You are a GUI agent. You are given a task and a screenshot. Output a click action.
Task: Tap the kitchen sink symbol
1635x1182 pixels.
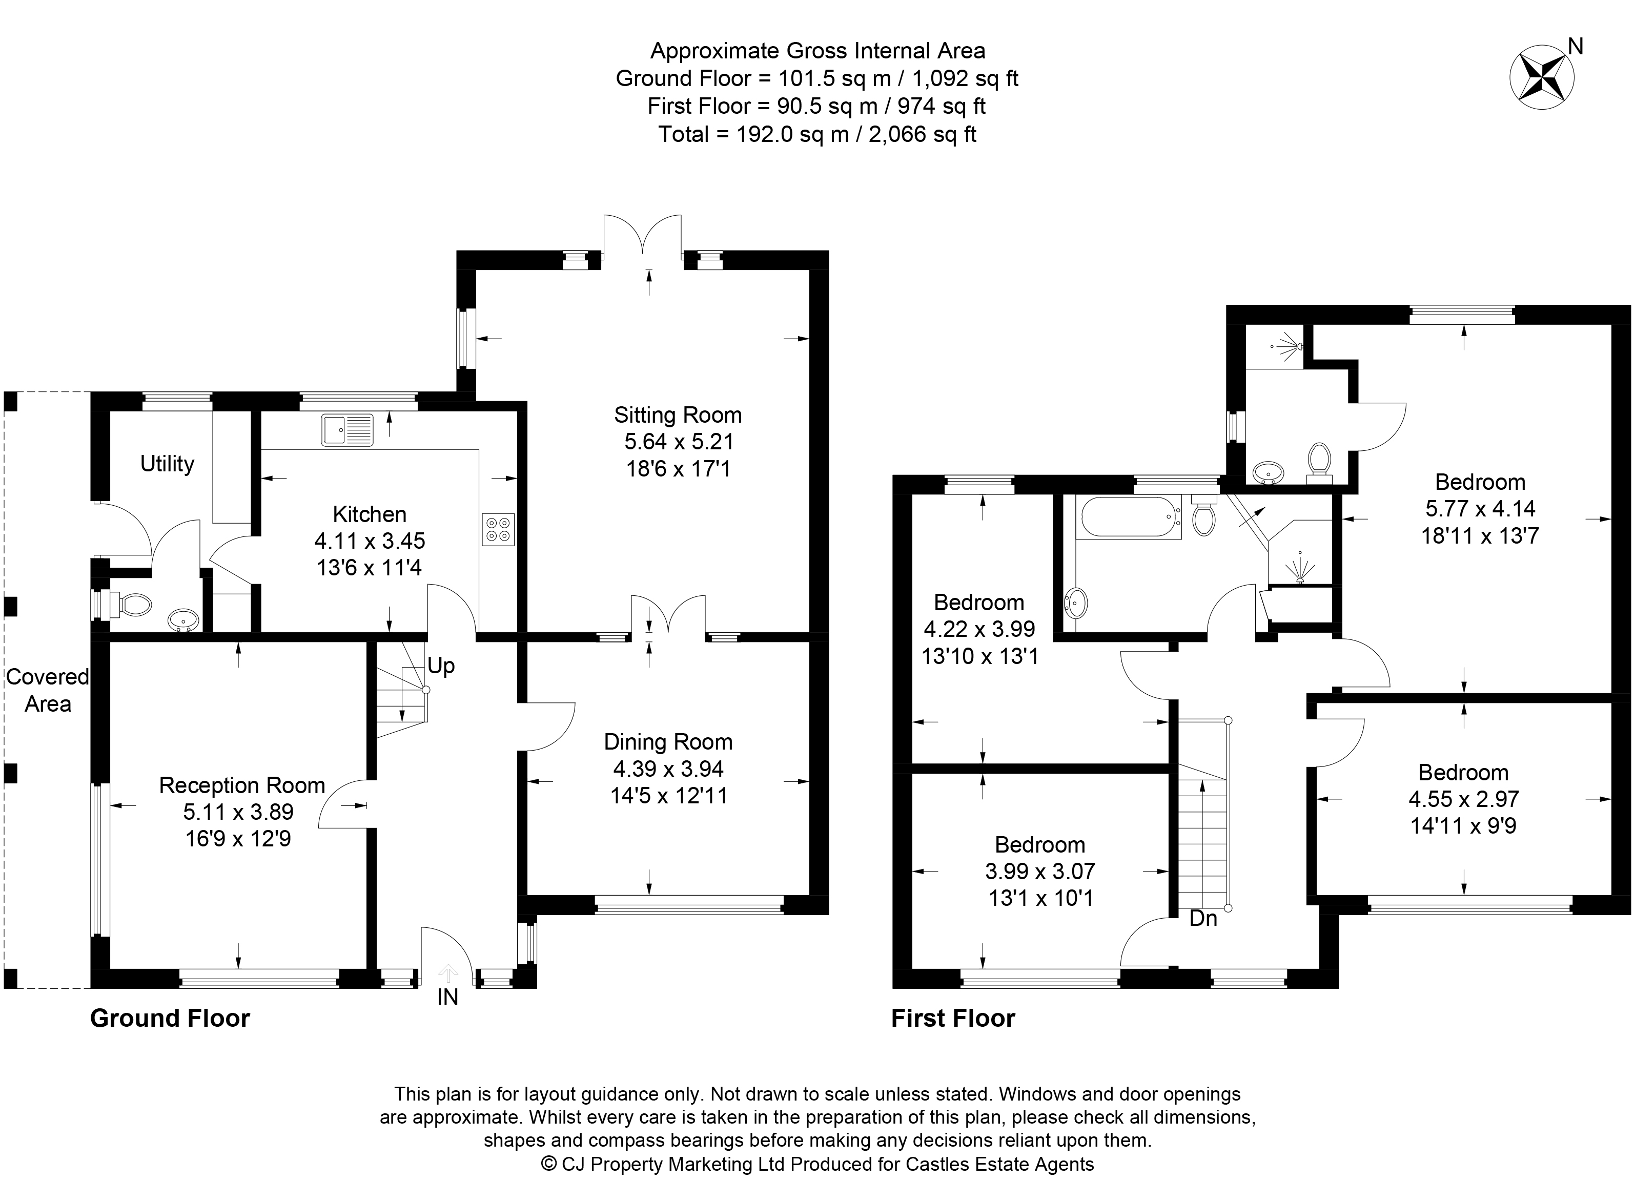click(348, 430)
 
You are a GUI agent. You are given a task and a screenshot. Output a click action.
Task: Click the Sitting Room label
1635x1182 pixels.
click(678, 415)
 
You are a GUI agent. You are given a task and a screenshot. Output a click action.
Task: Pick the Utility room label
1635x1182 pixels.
click(167, 464)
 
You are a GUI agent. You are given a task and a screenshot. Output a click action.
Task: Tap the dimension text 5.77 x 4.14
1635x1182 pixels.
click(1480, 509)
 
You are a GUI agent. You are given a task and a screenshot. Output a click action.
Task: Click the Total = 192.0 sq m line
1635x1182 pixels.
click(817, 134)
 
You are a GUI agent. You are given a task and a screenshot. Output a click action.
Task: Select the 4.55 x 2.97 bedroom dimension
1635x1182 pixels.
click(1463, 799)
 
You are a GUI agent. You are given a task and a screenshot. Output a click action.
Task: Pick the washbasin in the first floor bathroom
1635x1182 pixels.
click(1077, 603)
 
